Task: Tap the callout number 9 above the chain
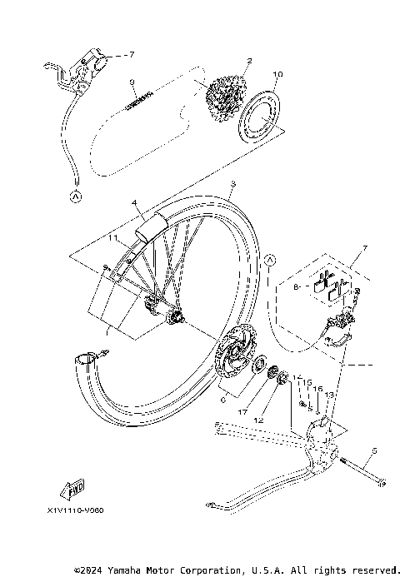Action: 132,82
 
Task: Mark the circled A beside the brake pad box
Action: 270,261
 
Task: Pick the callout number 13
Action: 330,395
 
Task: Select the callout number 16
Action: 317,389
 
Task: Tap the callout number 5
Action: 375,450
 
